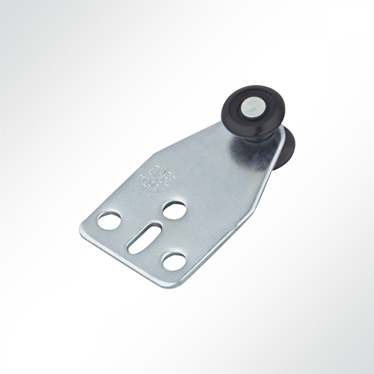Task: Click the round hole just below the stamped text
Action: coord(174,210)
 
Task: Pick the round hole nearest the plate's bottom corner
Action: coord(174,261)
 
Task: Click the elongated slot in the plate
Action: coord(144,238)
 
